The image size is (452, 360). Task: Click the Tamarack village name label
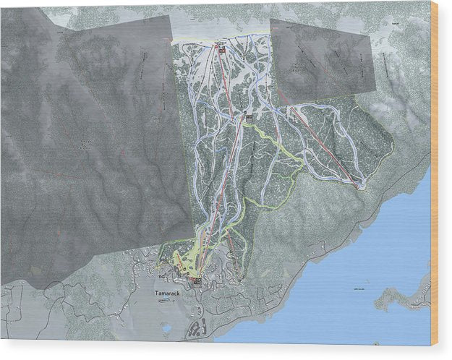click(166, 293)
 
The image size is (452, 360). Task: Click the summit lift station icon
click(220, 49)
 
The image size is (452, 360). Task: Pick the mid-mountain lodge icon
click(249, 116)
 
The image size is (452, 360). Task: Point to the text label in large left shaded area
click(85, 145)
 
